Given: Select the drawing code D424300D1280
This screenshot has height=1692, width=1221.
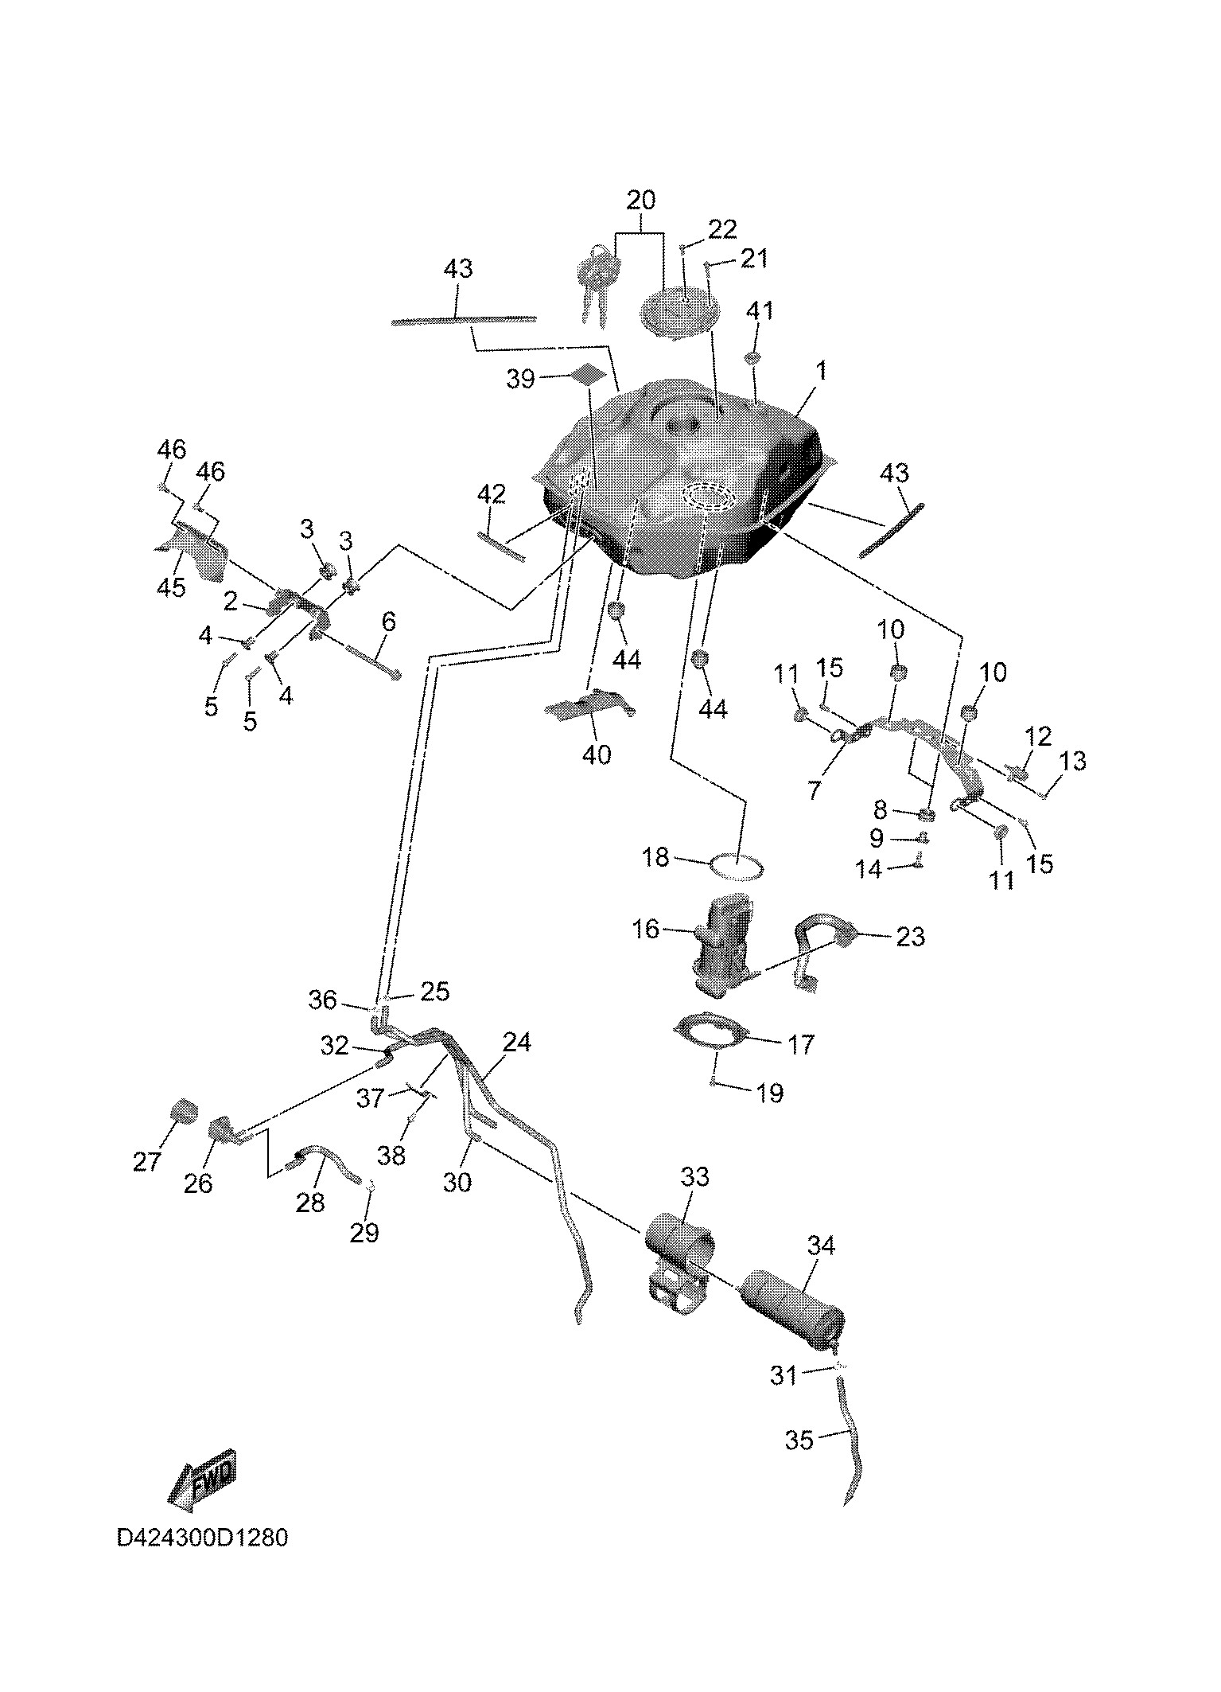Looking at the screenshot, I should (202, 1560).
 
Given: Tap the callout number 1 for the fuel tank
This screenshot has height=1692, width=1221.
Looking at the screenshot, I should (821, 371).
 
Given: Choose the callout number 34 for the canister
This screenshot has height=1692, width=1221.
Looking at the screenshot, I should (821, 1246).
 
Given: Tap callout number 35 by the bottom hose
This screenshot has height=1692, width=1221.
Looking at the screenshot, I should (799, 1440).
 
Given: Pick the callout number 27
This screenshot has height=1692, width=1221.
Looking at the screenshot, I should (146, 1162).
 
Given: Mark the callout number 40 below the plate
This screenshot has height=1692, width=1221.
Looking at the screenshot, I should (597, 754).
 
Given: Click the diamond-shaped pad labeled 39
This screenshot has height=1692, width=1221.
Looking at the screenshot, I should (587, 373).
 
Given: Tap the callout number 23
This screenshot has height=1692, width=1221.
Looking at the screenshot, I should (910, 937).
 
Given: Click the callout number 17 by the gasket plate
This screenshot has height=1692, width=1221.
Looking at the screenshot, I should (800, 1043).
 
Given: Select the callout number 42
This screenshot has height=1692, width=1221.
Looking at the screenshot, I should (491, 494).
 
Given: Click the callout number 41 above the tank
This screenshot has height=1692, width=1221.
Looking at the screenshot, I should (759, 310).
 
